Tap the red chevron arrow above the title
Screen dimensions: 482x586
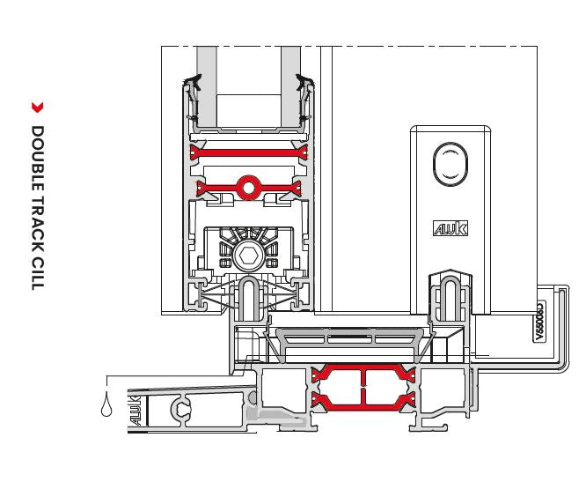(37, 108)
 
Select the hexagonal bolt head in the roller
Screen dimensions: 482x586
(245, 257)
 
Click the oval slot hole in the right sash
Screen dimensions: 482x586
(450, 166)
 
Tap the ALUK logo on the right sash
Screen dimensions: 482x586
(450, 228)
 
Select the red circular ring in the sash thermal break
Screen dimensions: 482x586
(249, 187)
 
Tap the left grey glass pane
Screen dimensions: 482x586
(207, 84)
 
